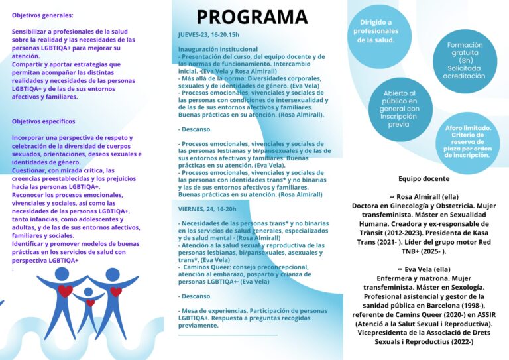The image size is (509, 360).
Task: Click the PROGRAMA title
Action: click(252, 17)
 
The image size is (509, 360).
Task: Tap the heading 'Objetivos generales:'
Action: click(42, 15)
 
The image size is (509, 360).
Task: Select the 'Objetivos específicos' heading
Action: click(44, 121)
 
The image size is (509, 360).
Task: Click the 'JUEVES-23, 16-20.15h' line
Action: click(209, 34)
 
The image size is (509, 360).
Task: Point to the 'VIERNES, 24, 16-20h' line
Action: click(207, 208)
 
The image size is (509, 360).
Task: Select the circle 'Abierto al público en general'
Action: click(399, 109)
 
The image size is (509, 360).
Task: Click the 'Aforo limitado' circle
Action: click(468, 142)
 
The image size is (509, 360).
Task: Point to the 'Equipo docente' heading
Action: click(424, 178)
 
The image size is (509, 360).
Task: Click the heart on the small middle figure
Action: click(90, 303)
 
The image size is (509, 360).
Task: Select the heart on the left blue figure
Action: click(65, 290)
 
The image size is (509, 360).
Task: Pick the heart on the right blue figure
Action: click(116, 292)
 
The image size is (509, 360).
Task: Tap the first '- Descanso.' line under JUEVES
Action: click(196, 129)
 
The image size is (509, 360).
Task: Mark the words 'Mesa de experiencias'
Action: click(211, 310)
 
